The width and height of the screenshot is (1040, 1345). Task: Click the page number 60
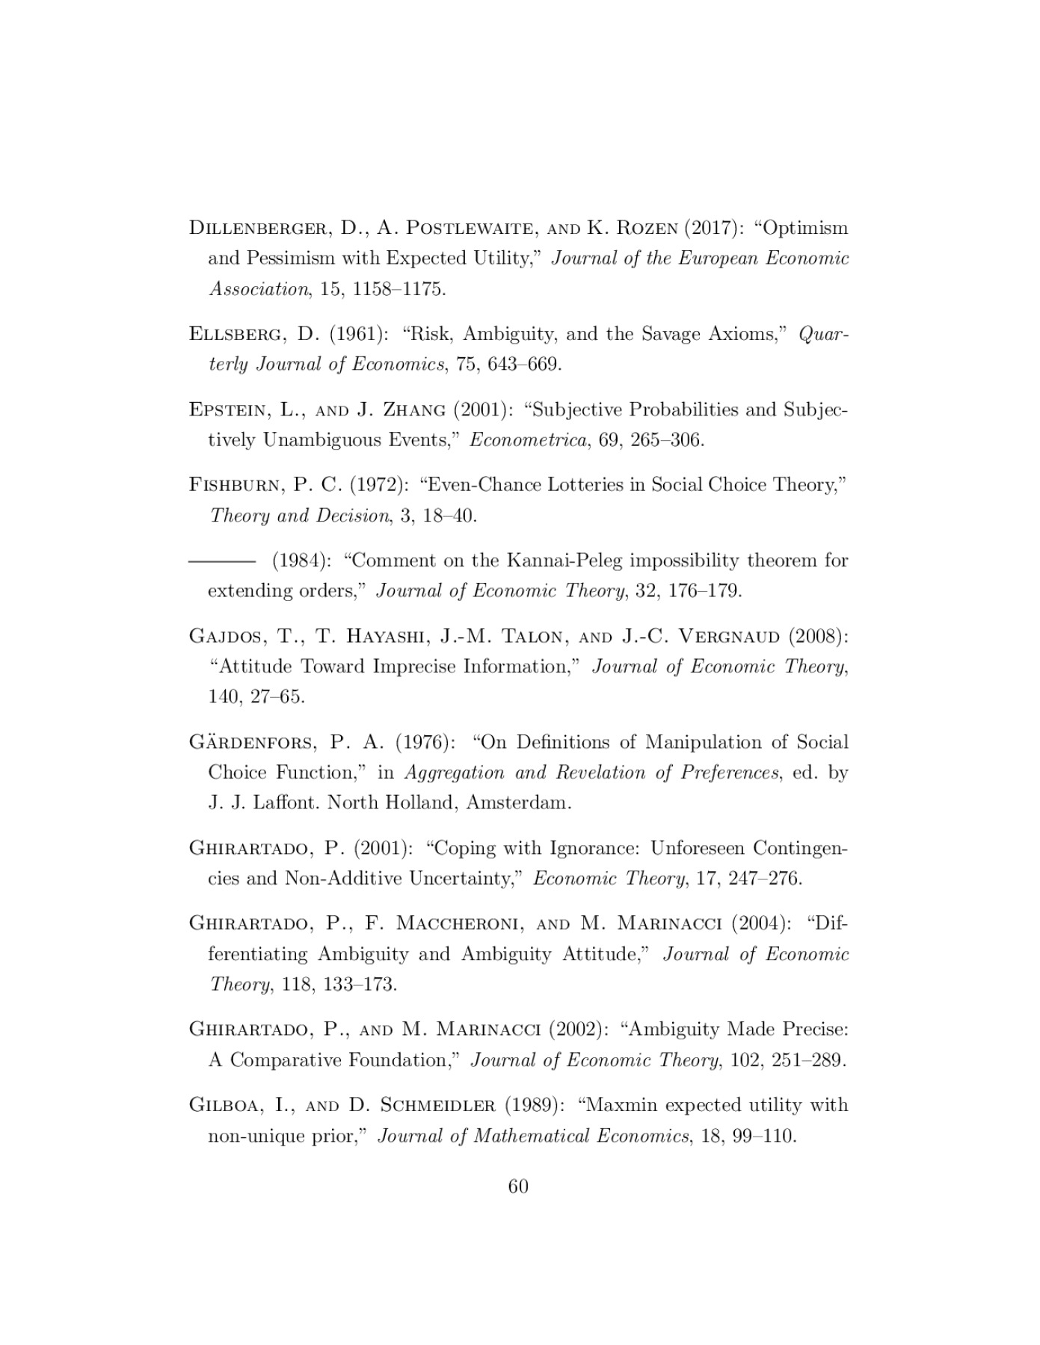(518, 1186)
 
